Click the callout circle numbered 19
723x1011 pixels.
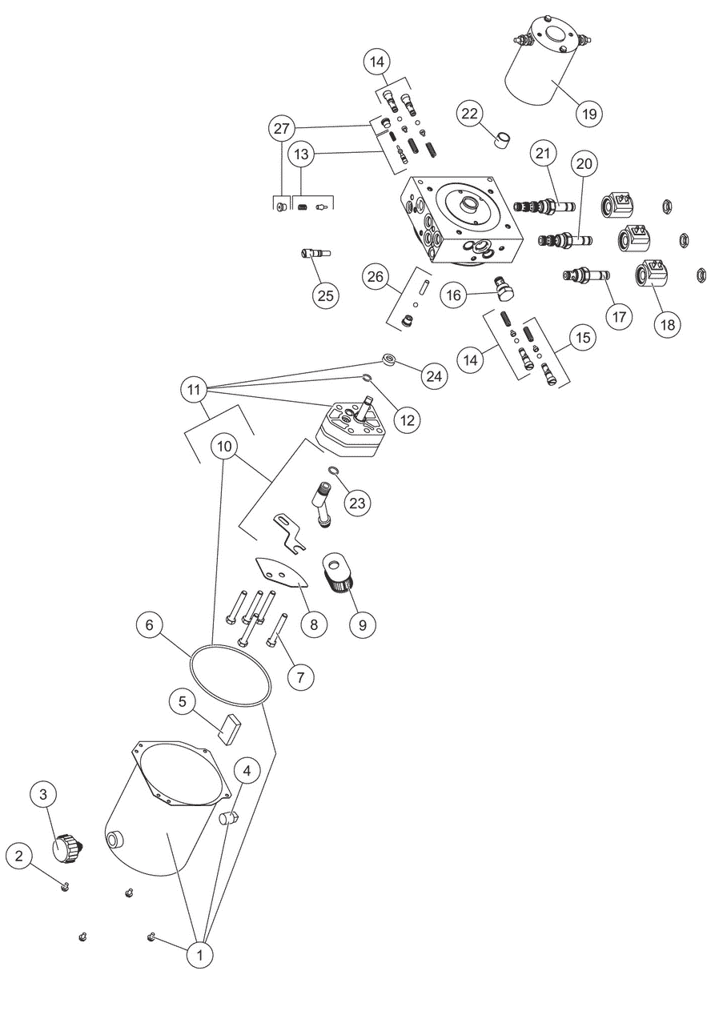click(x=588, y=114)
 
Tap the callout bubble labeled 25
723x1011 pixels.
click(x=325, y=295)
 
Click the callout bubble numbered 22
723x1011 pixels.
click(x=470, y=114)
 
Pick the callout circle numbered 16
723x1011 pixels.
click(x=453, y=295)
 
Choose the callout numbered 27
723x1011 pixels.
click(x=282, y=128)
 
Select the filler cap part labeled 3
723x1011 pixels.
click(x=66, y=846)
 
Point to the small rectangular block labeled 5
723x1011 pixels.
click(x=229, y=729)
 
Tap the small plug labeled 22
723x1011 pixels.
click(x=503, y=140)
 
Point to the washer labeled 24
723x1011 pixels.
click(x=388, y=360)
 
